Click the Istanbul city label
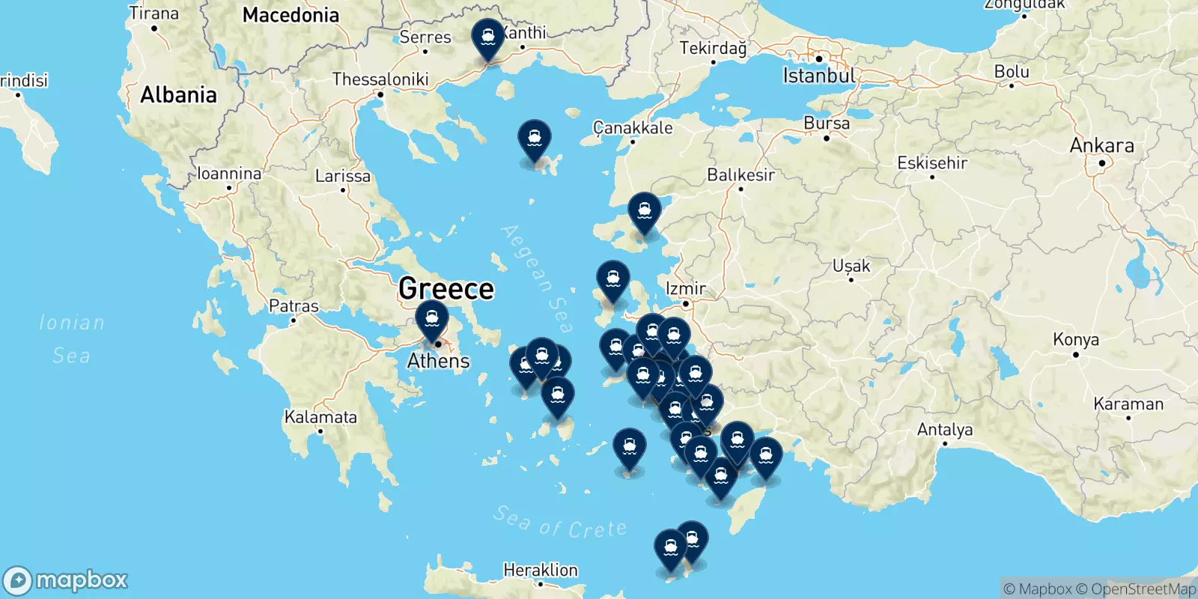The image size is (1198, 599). coord(818,76)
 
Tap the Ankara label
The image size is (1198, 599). coord(1101,145)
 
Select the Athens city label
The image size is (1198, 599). coord(438,361)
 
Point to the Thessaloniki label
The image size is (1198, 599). coord(380,79)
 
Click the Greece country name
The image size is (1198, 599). coord(446,288)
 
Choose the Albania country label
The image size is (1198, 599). coord(178,95)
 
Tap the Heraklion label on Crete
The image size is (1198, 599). coord(541,571)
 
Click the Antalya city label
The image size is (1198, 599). coord(945,430)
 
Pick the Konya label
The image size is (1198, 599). coord(1076,340)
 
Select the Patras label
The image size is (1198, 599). coord(294,306)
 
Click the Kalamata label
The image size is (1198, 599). coord(320,417)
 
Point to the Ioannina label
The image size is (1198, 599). coord(229,174)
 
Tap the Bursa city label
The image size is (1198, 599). coord(827,124)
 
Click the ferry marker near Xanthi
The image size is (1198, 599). coord(488,37)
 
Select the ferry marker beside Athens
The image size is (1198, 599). coord(432,320)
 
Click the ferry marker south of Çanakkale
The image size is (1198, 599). coord(535,139)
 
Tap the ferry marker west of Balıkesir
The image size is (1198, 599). coord(644,212)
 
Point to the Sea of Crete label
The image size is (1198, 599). coord(560,523)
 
